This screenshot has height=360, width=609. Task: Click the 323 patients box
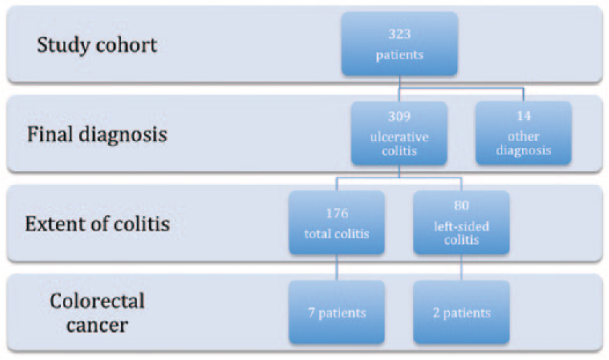[x=399, y=43]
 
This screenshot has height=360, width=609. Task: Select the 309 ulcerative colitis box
[x=399, y=133]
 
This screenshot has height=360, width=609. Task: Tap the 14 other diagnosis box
[x=523, y=133]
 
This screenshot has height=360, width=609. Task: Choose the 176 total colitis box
[x=337, y=222]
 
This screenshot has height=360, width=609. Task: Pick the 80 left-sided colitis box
[x=462, y=222]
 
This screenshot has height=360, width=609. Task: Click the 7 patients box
[x=337, y=312]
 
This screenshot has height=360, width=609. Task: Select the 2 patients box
[x=462, y=312]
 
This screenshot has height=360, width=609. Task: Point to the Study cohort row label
[x=97, y=45]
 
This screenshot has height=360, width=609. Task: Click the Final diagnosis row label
[x=97, y=134]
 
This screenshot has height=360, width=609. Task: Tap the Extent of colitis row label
[x=97, y=224]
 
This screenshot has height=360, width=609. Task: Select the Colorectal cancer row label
[x=97, y=313]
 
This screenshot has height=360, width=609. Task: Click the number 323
[x=399, y=34]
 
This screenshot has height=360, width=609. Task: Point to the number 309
[x=399, y=116]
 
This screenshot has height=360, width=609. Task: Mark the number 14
[x=524, y=116]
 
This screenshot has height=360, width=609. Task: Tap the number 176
[x=337, y=213]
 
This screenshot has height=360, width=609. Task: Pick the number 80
[x=462, y=205]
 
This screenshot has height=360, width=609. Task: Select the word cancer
[x=97, y=326]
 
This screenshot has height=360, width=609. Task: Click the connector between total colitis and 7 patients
[x=337, y=267]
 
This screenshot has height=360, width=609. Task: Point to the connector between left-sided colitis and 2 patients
[x=462, y=267]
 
